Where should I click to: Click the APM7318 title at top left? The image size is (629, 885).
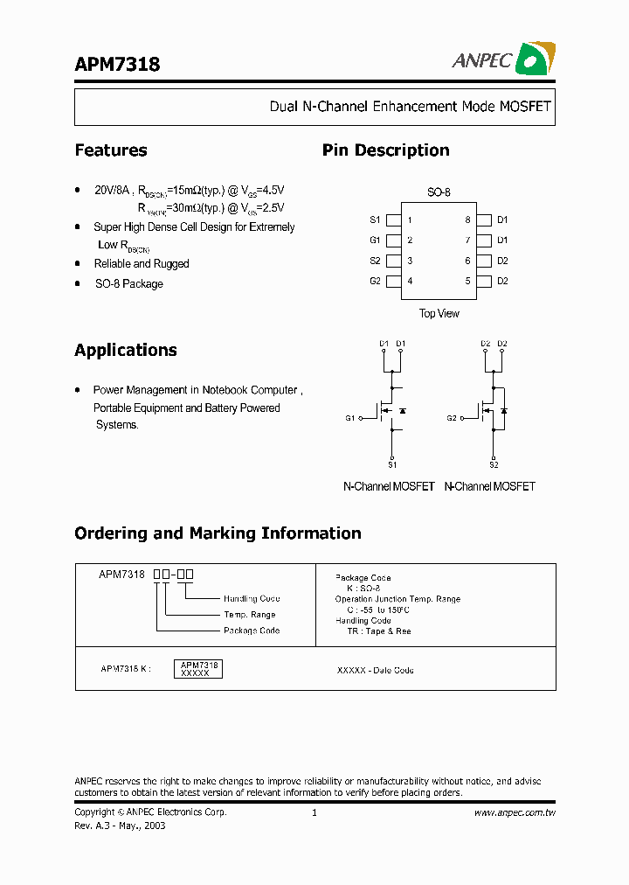tap(117, 64)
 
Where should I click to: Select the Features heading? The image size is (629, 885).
tap(111, 150)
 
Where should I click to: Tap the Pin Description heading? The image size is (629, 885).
tap(385, 150)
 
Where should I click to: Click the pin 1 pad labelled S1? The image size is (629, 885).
tap(393, 220)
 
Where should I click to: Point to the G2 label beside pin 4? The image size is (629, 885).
tap(375, 282)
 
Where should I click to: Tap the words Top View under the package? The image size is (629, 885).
tap(439, 313)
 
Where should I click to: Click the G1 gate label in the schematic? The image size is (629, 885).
tap(350, 418)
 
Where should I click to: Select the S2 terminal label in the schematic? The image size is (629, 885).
tap(494, 464)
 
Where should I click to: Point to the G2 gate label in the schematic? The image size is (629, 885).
tap(452, 418)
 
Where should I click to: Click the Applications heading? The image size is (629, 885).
tap(126, 351)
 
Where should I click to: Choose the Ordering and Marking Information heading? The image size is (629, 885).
tap(218, 533)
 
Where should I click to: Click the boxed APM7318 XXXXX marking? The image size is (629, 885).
tap(199, 669)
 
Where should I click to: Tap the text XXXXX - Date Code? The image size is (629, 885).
tap(376, 671)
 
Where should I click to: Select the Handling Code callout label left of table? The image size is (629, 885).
tap(252, 599)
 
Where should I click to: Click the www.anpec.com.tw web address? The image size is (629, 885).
tap(515, 812)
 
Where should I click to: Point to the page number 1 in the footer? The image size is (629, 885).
tap(314, 812)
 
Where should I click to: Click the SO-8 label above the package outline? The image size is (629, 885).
tap(439, 192)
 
